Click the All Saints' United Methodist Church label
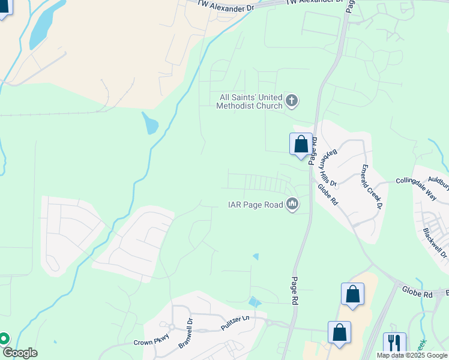tap(250, 101)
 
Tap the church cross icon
tap(292, 100)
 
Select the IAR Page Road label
tap(255, 205)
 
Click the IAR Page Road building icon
tap(292, 205)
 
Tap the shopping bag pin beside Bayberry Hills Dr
tap(301, 145)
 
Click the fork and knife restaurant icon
tap(394, 343)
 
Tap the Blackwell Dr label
tap(435, 243)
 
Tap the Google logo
tap(19, 353)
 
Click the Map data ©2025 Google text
tap(412, 355)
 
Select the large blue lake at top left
tap(46, 24)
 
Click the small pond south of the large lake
tap(149, 125)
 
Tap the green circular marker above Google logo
tap(3, 339)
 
